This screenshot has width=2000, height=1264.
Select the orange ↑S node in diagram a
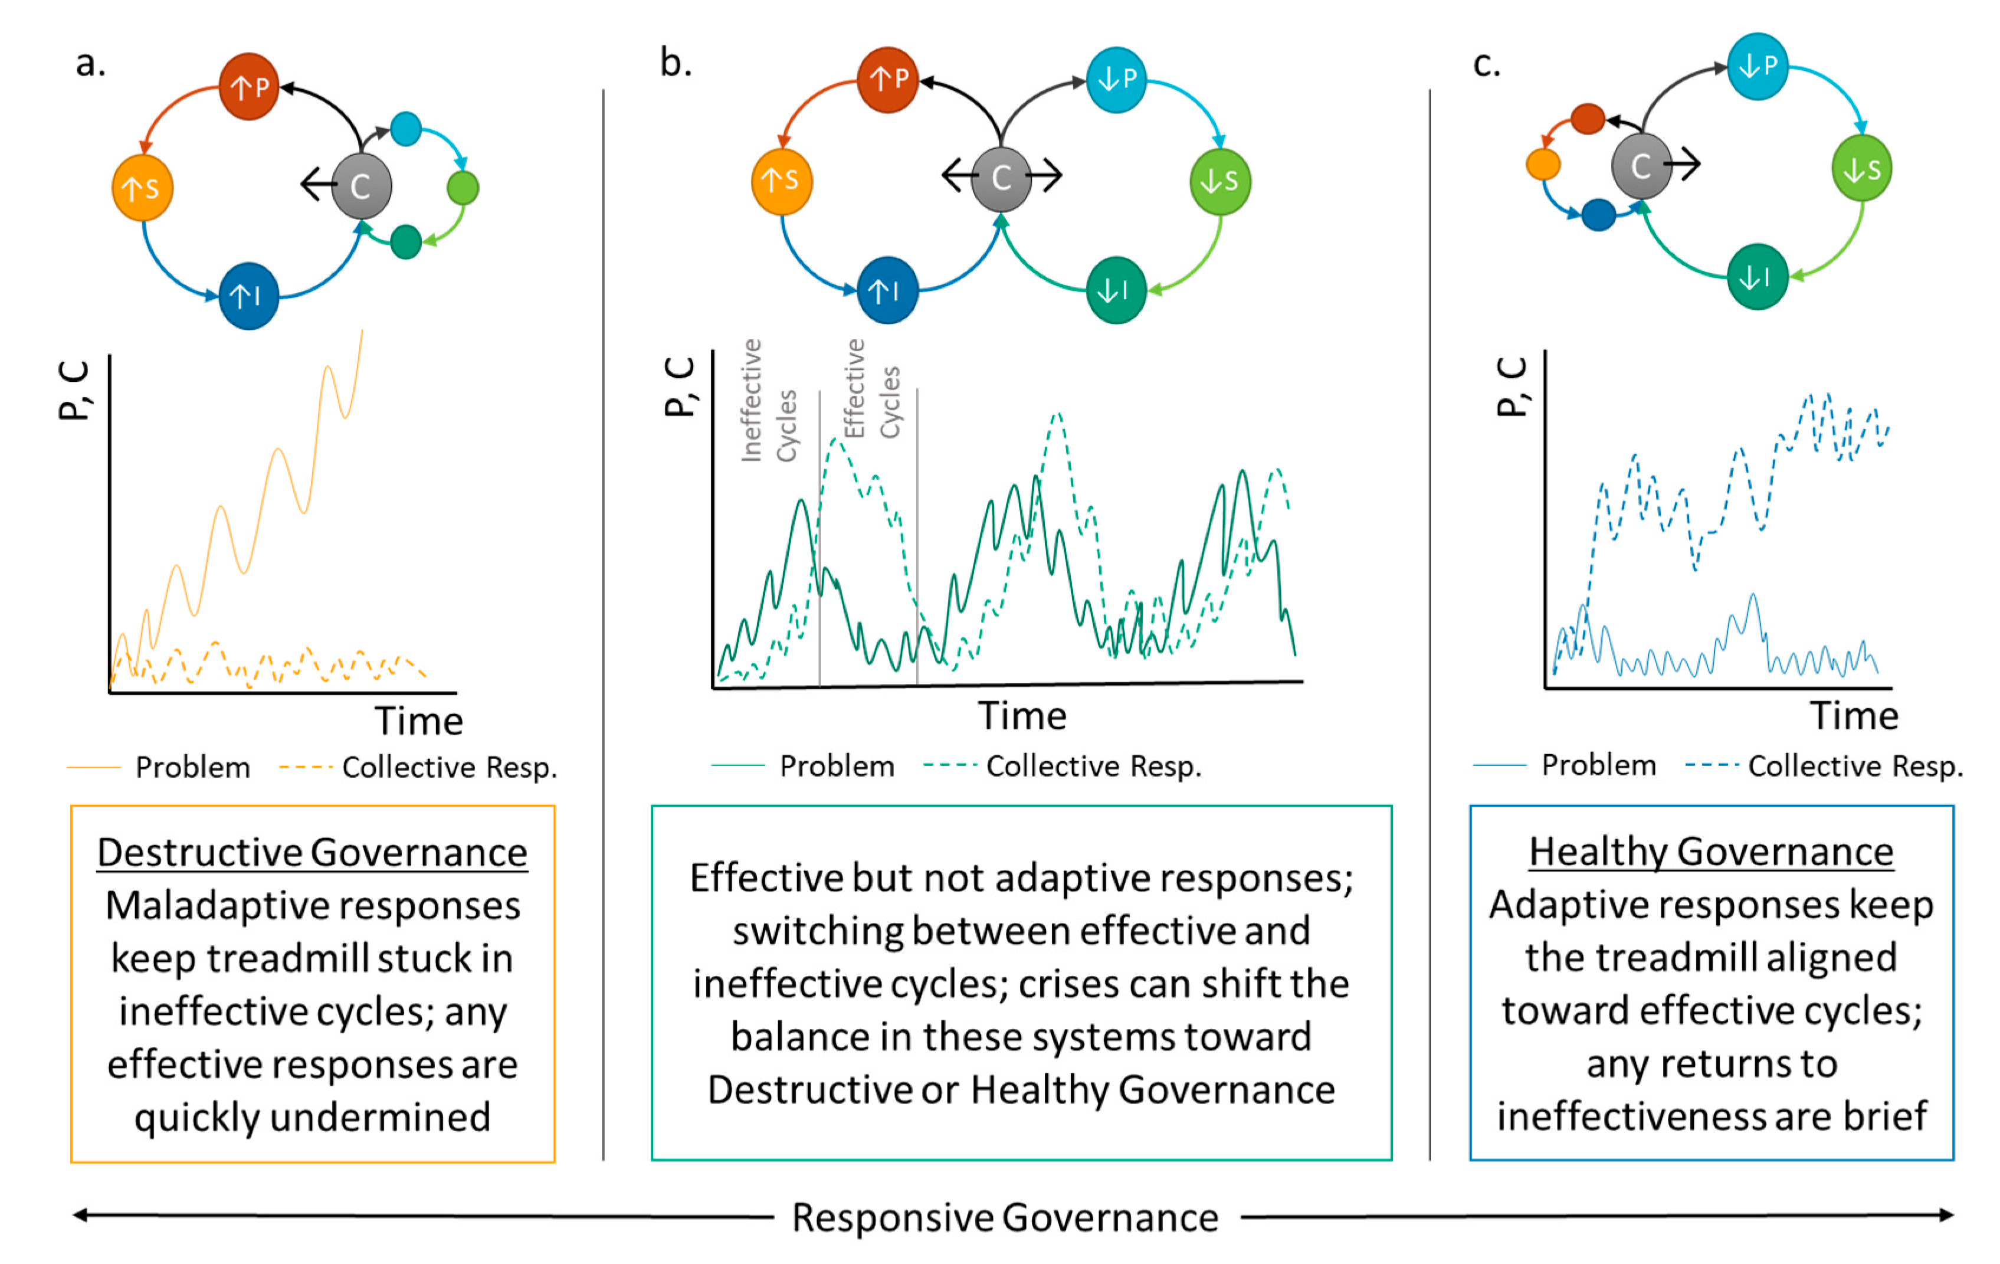pos(142,188)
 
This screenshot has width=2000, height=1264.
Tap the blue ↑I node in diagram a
pos(248,296)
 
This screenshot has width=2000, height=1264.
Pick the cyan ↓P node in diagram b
pos(1116,80)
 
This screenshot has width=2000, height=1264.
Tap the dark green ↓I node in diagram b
pos(1116,290)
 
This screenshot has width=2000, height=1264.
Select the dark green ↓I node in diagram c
pos(1757,277)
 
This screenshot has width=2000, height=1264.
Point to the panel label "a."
pos(90,63)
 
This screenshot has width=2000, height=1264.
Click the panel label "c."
pos(1486,63)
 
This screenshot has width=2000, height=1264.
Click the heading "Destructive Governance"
pos(312,853)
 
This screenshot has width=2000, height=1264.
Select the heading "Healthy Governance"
pos(1711,852)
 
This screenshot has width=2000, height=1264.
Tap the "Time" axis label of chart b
pos(1022,716)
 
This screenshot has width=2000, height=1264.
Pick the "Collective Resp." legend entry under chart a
pos(448,767)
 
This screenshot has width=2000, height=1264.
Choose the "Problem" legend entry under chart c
pos(1598,765)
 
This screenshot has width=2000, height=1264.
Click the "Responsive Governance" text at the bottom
pos(1005,1217)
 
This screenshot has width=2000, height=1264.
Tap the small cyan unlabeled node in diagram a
pos(405,129)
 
